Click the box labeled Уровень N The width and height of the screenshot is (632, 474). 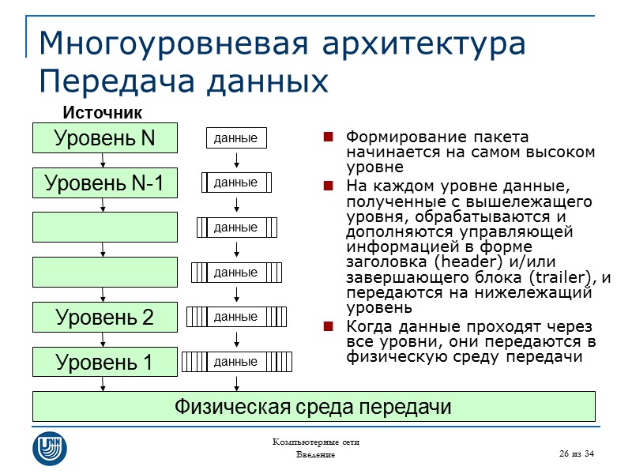[104, 138]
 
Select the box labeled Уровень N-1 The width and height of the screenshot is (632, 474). [104, 183]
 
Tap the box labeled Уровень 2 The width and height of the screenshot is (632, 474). [104, 318]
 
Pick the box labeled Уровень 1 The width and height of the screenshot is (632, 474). [104, 363]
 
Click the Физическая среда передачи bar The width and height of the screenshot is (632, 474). [313, 407]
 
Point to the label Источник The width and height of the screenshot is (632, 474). [102, 112]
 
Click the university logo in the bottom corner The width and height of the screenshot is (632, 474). [49, 448]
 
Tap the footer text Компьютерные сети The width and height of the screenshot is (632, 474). [316, 442]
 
